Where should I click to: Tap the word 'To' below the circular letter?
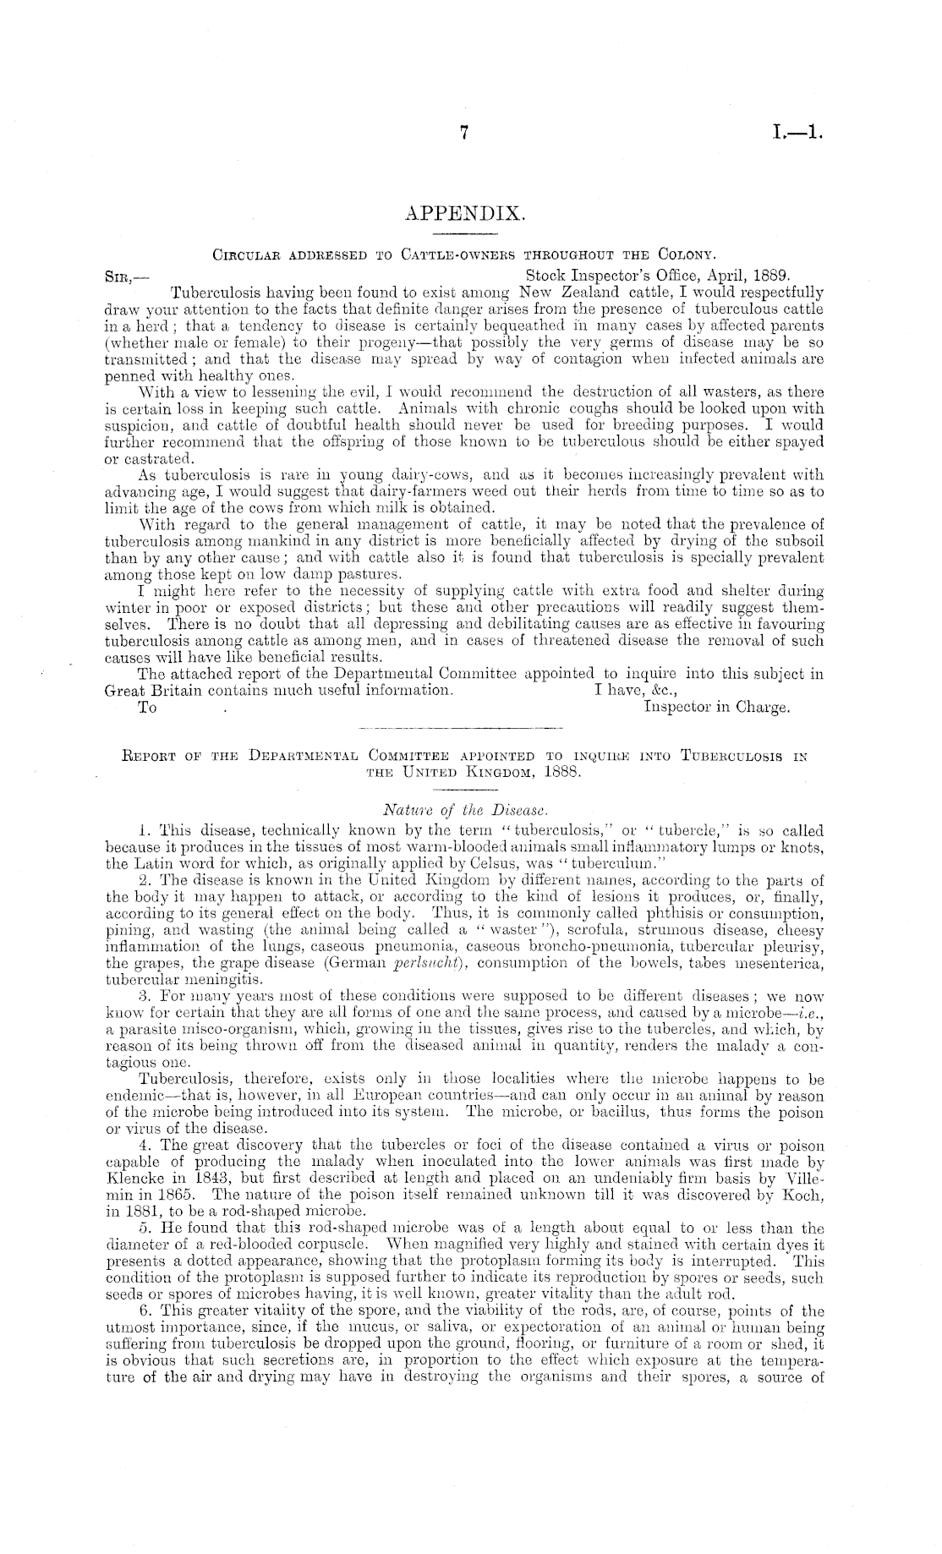(146, 708)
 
